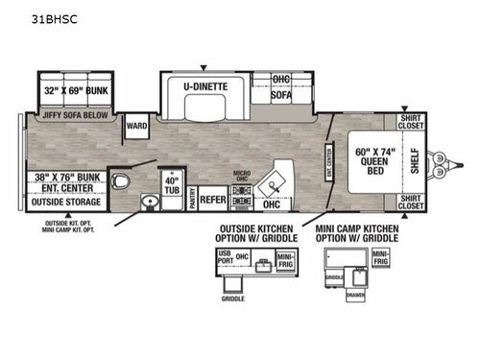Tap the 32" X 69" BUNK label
point(75,90)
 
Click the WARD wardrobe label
point(135,125)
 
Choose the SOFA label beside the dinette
point(280,93)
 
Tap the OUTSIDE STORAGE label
point(69,202)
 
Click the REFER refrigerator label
point(212,200)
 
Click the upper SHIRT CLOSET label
point(411,122)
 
